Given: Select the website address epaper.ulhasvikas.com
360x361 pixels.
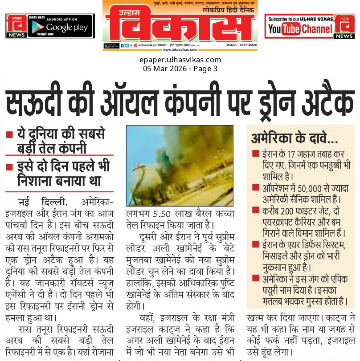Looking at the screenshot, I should pyautogui.click(x=180, y=60).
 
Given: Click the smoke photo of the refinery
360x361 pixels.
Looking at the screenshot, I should pyautogui.click(x=179, y=165).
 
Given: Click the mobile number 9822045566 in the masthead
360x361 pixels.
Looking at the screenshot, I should pyautogui.click(x=247, y=45).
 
